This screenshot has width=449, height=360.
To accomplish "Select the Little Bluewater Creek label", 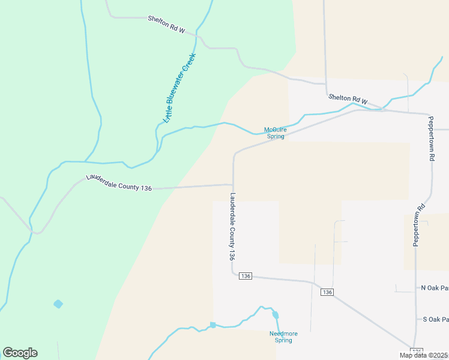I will [x=181, y=86].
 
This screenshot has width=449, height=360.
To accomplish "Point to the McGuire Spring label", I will [x=276, y=133].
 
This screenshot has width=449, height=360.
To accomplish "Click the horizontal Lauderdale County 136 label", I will [x=119, y=183].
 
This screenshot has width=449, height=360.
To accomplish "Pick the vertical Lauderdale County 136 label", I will [x=232, y=226].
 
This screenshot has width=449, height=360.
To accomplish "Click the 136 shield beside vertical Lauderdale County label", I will [x=245, y=276].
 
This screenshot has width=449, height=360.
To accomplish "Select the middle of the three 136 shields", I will [x=327, y=292].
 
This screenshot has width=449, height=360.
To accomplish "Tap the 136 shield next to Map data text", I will [x=417, y=350].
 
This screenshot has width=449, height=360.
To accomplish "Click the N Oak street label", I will [x=435, y=288].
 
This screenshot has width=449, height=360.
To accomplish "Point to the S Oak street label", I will [x=435, y=319].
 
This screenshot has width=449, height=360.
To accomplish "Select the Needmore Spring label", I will [x=280, y=337].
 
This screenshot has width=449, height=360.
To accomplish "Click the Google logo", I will [x=20, y=353].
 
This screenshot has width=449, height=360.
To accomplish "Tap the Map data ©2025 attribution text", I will [x=423, y=355].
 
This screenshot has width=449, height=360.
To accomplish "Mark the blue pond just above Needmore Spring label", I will [x=276, y=314].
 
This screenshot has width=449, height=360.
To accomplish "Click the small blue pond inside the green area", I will [x=58, y=304].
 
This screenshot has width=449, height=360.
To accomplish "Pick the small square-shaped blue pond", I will [x=212, y=325].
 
